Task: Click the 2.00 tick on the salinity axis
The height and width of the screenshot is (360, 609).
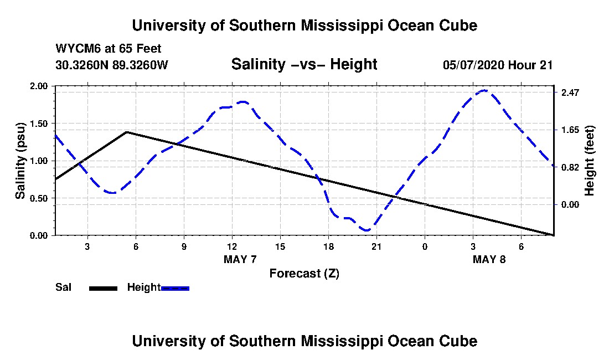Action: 38,86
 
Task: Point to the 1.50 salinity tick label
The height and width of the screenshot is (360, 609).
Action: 38,124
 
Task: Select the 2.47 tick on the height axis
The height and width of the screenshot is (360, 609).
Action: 570,92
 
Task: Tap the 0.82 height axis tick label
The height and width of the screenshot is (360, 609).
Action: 570,167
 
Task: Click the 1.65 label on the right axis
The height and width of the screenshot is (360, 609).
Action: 570,130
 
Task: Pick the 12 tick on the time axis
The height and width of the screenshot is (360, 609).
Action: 233,246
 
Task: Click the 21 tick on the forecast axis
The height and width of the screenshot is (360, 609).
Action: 376,246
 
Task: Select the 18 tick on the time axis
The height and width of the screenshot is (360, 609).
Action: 328,246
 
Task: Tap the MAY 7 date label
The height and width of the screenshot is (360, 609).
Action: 240,259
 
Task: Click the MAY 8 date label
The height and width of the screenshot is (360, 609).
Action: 489,259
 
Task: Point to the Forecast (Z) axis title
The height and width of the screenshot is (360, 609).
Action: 304,274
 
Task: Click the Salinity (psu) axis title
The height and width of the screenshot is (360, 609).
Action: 20,161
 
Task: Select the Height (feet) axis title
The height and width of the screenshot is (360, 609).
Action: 589,161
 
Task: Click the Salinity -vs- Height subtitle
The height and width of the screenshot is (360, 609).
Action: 304,64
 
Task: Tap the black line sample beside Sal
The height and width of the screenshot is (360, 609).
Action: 103,288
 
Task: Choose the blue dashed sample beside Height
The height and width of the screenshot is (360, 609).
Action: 175,288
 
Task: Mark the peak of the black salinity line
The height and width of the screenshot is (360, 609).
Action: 127,132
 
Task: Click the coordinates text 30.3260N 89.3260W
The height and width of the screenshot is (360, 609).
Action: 111,65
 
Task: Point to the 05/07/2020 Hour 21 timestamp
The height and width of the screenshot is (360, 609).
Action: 498,65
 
